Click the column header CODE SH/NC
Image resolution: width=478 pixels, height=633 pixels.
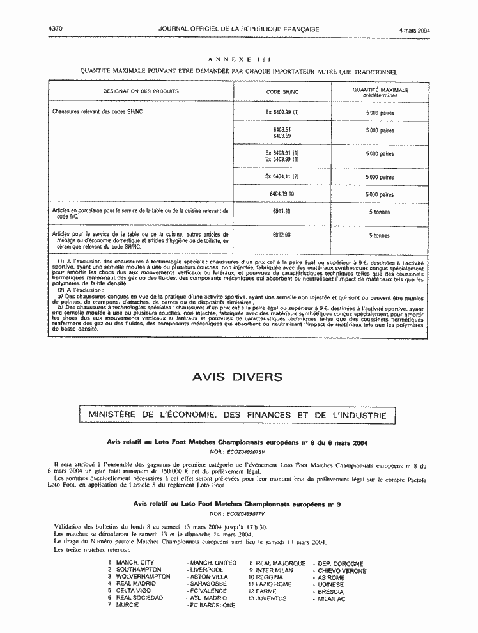click(282, 91)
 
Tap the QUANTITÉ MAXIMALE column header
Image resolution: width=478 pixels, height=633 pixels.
click(380, 92)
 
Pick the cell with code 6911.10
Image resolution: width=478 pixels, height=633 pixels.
click(282, 212)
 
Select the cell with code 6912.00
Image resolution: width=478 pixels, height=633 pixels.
click(282, 235)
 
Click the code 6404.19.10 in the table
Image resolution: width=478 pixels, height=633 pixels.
click(282, 194)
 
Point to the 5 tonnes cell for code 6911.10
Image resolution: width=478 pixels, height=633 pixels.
click(380, 212)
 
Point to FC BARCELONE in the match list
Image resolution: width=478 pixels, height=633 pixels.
click(212, 605)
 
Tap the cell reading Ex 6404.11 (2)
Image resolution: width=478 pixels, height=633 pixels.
click(282, 176)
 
